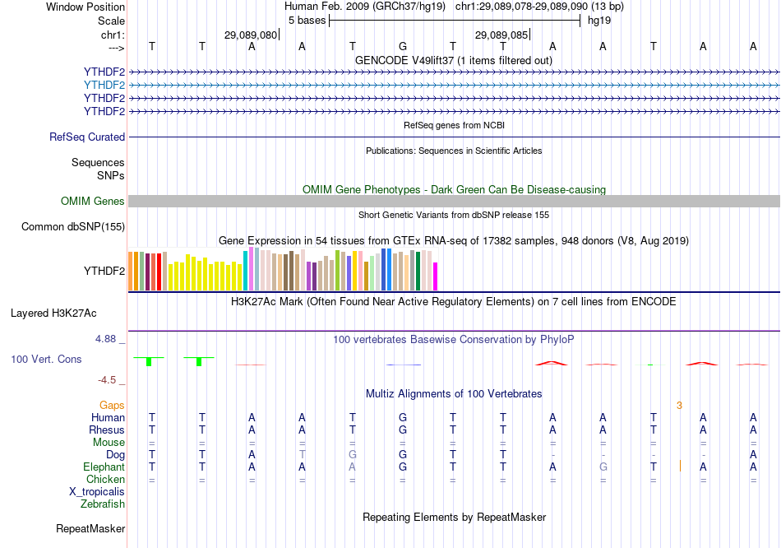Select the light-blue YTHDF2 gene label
coord(104,85)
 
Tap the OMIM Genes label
coord(92,202)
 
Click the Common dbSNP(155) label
coord(73,227)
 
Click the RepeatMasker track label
coord(90,528)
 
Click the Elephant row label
coord(104,467)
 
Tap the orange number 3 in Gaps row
coord(679,405)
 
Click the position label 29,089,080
coord(250,35)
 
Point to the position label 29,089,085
coord(501,35)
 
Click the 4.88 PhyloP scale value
coord(109,338)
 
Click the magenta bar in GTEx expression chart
coord(436,276)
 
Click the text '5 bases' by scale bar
coord(306,21)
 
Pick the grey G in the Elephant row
coord(603,467)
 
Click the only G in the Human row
coord(402,417)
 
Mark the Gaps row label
coord(112,405)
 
